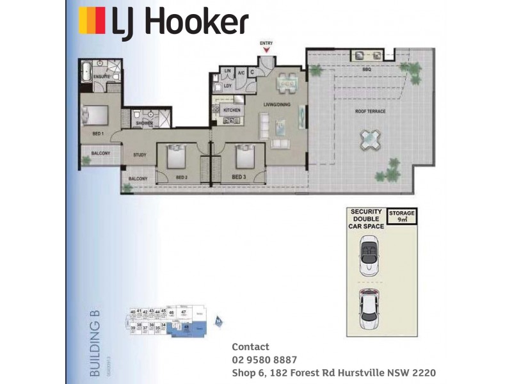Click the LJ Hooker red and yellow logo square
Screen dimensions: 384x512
[x=92, y=20]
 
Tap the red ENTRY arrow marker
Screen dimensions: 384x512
[x=266, y=49]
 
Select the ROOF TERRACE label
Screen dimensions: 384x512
[x=371, y=111]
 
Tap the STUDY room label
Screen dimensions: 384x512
[x=140, y=155]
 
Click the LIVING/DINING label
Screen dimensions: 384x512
[x=278, y=104]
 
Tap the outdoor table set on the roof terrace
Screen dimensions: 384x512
[x=370, y=137]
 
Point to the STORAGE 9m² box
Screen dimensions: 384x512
[x=402, y=216]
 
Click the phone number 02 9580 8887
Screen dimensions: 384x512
[x=264, y=359]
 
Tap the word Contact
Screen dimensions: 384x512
[x=250, y=347]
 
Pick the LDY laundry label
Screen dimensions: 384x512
[x=227, y=85]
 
